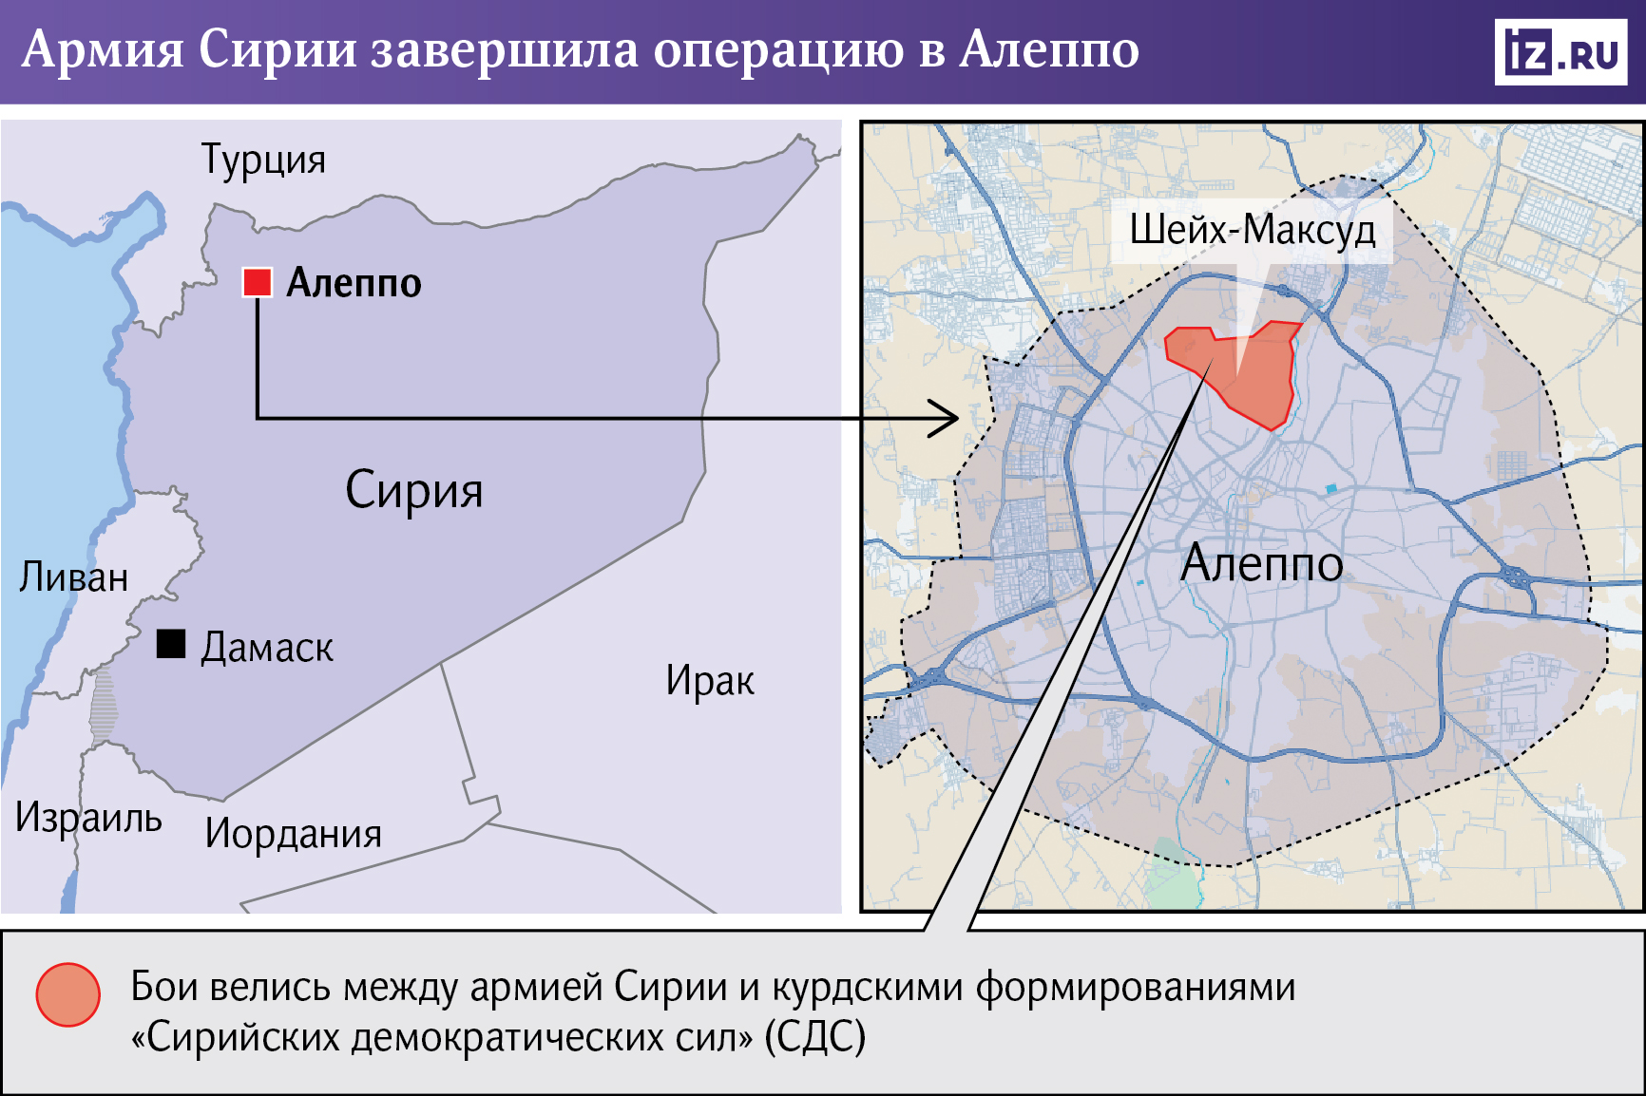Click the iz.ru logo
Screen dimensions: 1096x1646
point(1560,52)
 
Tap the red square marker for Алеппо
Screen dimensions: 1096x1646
point(258,282)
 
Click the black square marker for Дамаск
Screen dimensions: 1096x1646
point(171,644)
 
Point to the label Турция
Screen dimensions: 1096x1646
point(263,160)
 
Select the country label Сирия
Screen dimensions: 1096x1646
point(413,491)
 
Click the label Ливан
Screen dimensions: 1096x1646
point(74,577)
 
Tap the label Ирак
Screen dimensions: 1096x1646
point(710,681)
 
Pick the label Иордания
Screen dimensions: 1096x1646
point(293,834)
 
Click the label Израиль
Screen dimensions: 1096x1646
point(88,818)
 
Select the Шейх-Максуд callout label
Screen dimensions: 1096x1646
point(1252,230)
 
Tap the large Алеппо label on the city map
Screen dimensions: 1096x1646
point(1261,563)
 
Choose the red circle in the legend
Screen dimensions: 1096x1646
point(68,994)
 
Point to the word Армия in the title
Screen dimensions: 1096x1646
point(103,49)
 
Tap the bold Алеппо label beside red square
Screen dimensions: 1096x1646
point(354,283)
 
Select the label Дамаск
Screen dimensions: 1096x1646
point(267,648)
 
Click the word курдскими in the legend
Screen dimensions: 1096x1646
point(868,988)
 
